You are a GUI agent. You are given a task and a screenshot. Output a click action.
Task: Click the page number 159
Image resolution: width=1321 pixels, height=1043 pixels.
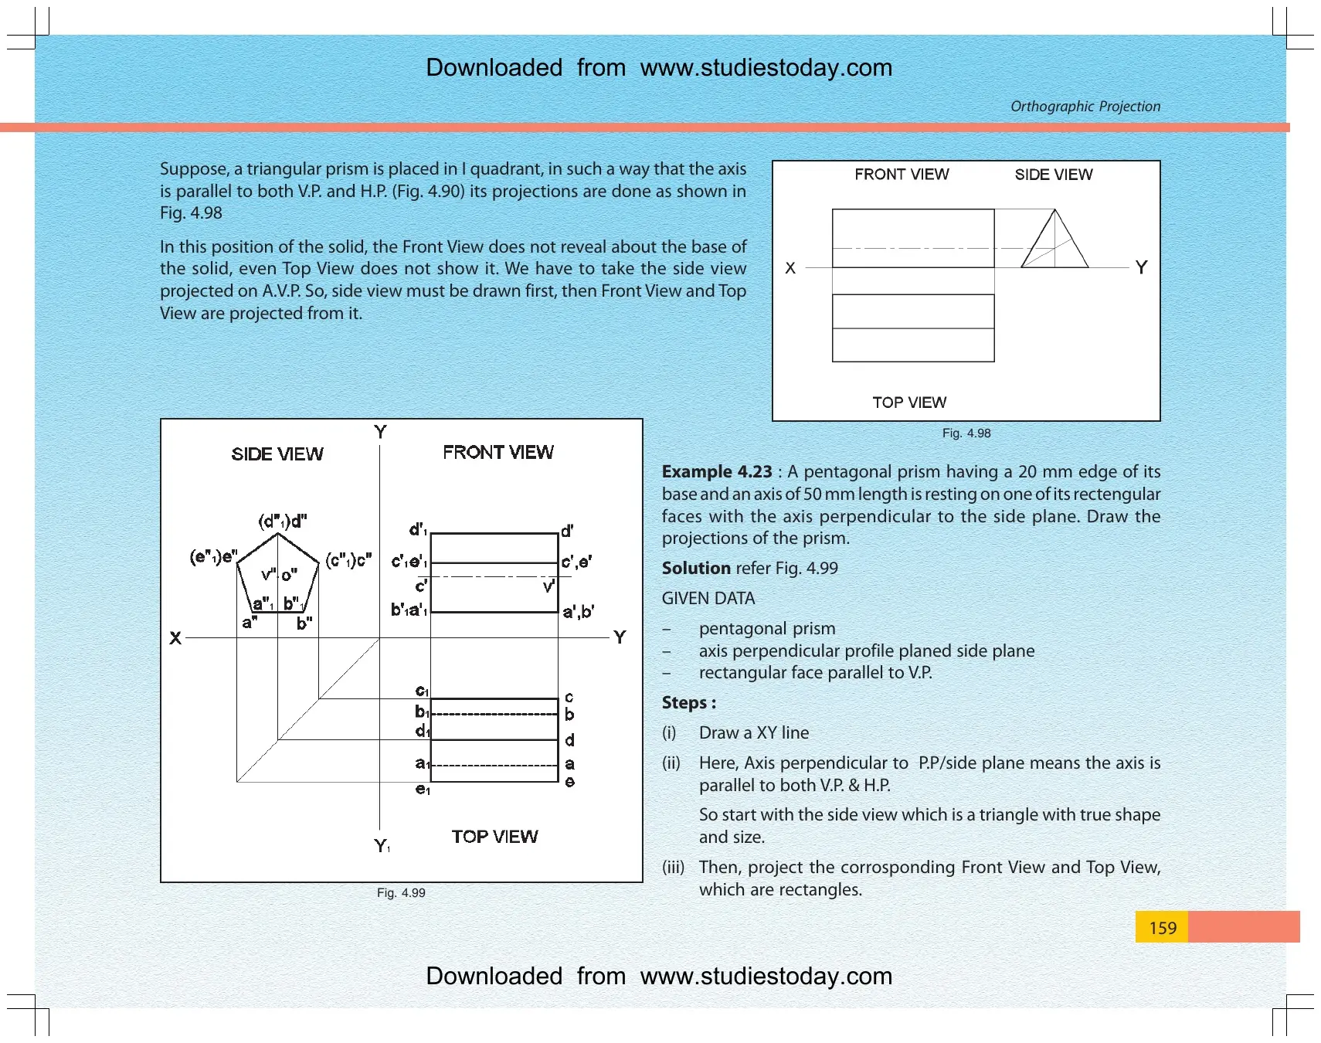1162,928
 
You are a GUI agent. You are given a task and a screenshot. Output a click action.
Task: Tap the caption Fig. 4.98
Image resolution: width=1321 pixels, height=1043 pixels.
966,433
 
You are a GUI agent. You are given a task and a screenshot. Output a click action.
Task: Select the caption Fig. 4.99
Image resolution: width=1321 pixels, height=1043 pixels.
401,892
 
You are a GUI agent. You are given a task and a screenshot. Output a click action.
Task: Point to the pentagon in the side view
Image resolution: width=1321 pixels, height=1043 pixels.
277,533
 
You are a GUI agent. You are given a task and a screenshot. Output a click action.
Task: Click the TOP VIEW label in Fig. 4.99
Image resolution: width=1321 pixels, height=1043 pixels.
494,837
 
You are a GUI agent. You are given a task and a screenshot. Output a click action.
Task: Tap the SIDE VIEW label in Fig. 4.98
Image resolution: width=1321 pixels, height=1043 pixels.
1054,175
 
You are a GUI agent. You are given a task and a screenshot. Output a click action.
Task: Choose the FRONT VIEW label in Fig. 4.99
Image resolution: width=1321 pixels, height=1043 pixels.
498,452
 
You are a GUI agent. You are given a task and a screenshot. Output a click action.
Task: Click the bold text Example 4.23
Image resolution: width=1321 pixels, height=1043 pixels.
717,471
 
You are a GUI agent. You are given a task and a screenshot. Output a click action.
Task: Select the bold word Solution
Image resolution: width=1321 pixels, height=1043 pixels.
696,568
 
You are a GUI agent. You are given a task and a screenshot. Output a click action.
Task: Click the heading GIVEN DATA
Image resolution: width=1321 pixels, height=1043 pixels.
708,598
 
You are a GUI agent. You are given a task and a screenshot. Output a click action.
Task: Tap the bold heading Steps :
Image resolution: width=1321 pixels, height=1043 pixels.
689,702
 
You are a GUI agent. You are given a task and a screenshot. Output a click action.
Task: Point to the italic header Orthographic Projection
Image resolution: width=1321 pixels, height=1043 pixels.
1085,106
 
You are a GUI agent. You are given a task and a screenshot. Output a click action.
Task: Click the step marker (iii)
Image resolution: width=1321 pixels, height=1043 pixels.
673,868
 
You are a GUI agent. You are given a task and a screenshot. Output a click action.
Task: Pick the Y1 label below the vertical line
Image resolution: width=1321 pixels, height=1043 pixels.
382,845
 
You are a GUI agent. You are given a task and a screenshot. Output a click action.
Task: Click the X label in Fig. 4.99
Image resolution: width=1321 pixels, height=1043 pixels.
175,638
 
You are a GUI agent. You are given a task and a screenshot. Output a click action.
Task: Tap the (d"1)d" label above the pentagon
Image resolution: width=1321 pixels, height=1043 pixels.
282,521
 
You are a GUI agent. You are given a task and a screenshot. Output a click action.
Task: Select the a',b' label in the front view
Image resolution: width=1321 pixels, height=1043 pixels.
578,612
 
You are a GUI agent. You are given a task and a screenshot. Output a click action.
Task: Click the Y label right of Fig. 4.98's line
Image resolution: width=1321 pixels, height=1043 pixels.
1141,267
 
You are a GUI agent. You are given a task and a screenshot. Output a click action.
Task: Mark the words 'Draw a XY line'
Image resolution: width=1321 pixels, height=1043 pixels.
754,732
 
